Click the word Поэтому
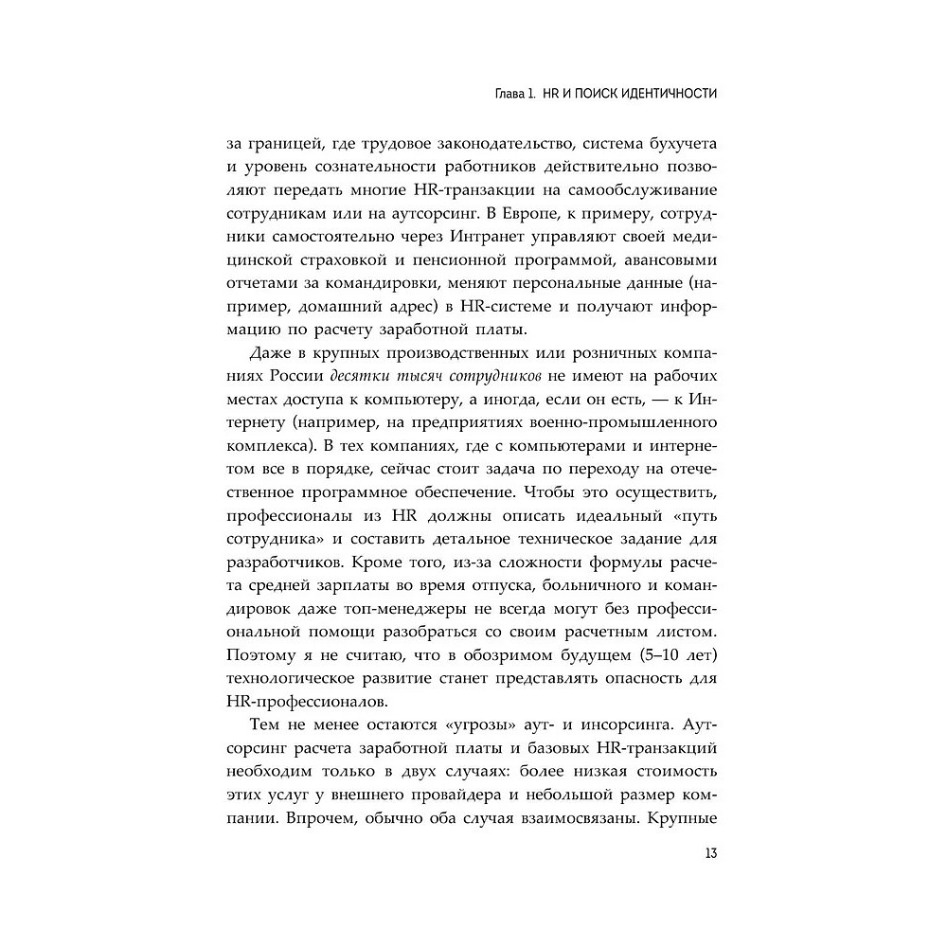point(259,653)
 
